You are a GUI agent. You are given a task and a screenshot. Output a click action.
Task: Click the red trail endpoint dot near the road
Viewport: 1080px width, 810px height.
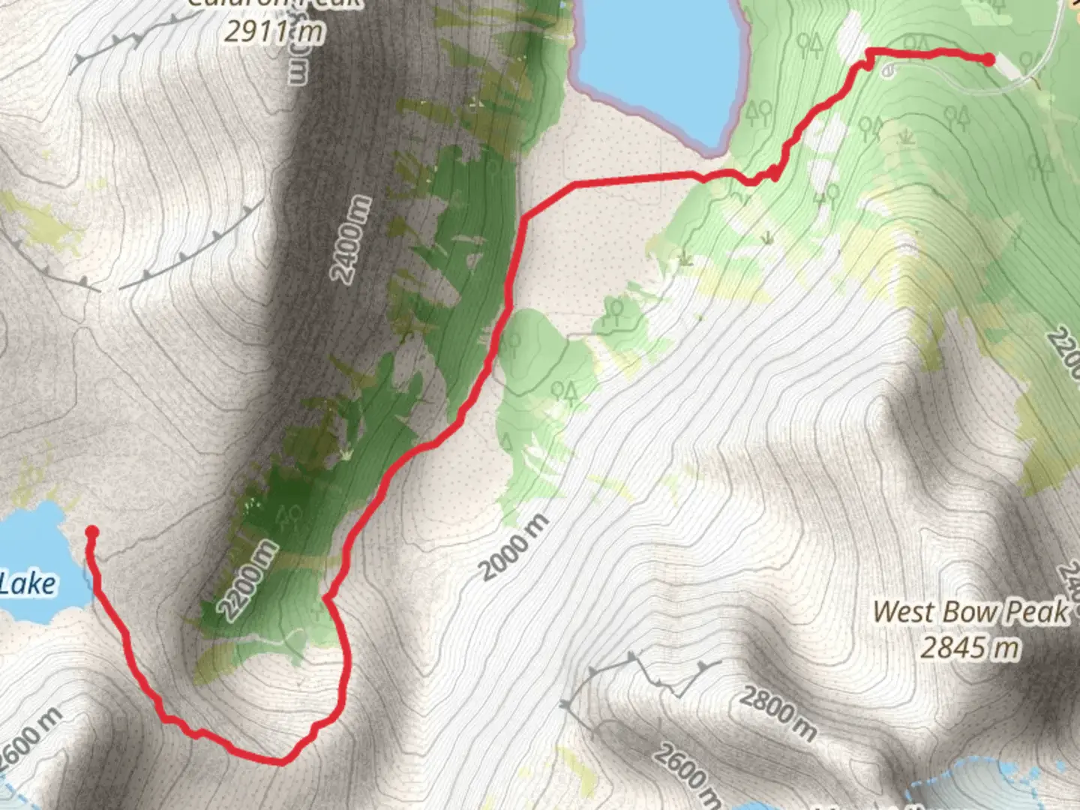(x=989, y=60)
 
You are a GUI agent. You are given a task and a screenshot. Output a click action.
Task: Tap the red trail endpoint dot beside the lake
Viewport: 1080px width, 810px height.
(x=91, y=532)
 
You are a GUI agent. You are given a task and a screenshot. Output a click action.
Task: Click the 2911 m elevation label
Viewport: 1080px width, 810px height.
(x=274, y=31)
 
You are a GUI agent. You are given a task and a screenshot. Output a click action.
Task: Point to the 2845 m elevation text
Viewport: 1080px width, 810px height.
(x=970, y=647)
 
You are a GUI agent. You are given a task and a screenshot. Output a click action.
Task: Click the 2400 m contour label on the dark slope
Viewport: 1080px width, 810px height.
(x=352, y=239)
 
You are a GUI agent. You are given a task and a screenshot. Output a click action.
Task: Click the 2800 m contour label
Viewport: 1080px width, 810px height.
(x=778, y=712)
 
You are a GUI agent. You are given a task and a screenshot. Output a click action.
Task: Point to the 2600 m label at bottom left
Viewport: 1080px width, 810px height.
(x=30, y=738)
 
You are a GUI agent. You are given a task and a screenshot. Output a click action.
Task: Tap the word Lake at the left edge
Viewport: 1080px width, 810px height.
(x=28, y=583)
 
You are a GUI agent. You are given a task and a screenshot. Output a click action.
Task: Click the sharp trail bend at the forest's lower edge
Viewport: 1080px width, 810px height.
(x=327, y=597)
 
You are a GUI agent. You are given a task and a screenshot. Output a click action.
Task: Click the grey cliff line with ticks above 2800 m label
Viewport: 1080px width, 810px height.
(x=645, y=671)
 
